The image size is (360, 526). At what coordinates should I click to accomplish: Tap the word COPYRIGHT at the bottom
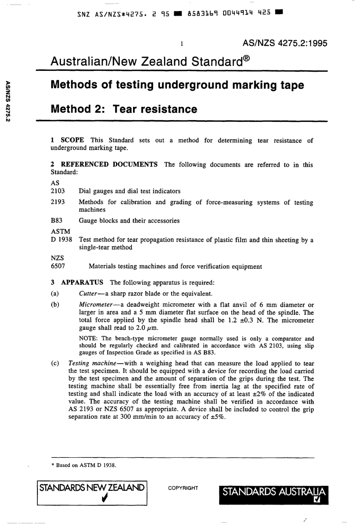click(x=183, y=488)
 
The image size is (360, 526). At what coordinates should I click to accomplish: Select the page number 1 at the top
click(x=182, y=44)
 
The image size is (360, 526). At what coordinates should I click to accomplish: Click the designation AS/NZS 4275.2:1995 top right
click(x=285, y=43)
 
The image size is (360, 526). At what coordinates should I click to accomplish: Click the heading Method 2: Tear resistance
click(x=124, y=109)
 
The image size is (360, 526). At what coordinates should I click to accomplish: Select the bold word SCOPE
click(x=72, y=140)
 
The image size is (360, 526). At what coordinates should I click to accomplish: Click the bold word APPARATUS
click(x=82, y=283)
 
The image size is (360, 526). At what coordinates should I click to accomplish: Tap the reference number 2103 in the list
click(x=58, y=191)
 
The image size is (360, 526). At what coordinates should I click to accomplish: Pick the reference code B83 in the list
click(x=56, y=221)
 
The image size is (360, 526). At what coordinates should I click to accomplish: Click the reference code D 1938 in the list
click(x=61, y=240)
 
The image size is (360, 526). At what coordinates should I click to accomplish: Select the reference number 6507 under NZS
click(x=58, y=266)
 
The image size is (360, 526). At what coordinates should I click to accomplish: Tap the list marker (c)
click(x=55, y=363)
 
